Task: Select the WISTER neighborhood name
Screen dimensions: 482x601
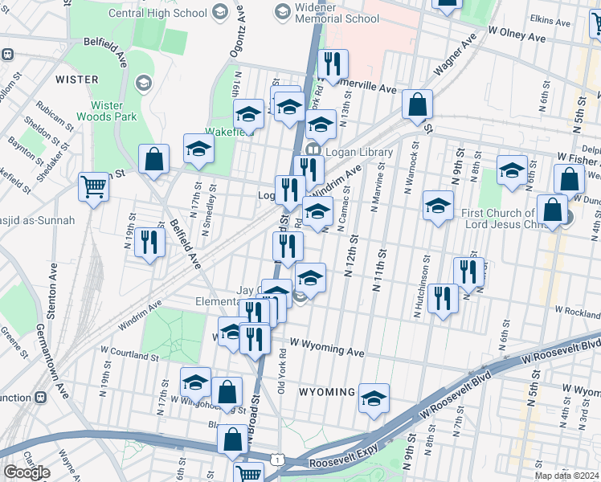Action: click(x=77, y=80)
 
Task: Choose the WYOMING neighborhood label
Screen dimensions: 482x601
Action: click(x=327, y=392)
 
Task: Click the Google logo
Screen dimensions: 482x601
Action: click(x=27, y=472)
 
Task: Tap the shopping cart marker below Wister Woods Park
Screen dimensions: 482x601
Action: click(x=94, y=187)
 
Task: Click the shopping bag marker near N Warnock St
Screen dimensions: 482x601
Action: click(x=418, y=104)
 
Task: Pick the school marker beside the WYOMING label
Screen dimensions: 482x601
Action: click(x=374, y=398)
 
